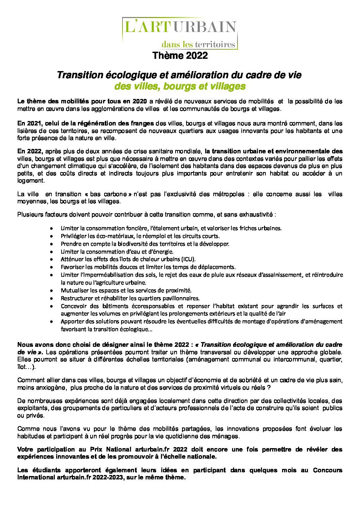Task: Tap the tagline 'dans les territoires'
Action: pyautogui.click(x=198, y=45)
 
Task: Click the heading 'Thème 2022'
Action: pyautogui.click(x=180, y=55)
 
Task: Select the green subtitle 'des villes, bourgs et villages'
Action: pyautogui.click(x=180, y=86)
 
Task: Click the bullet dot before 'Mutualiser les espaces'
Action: pyautogui.click(x=51, y=291)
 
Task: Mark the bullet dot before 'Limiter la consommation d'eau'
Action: pyautogui.click(x=51, y=252)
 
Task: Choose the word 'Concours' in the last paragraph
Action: pyautogui.click(x=327, y=470)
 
